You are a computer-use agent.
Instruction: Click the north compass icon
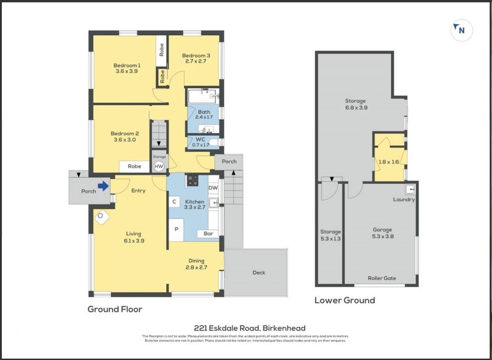(x=461, y=30)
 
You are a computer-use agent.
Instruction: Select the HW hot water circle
(x=159, y=166)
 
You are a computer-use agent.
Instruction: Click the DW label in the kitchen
(x=213, y=188)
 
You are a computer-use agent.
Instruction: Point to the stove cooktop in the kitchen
(x=192, y=180)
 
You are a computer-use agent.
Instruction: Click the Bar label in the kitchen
(x=208, y=234)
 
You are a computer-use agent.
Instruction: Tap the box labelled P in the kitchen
(x=177, y=229)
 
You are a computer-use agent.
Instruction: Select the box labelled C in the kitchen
(x=175, y=202)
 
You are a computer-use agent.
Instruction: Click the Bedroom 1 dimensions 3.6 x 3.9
(x=127, y=71)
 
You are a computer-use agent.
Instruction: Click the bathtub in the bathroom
(x=203, y=97)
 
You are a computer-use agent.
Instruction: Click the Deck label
(x=258, y=273)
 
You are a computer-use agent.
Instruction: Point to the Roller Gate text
(x=382, y=278)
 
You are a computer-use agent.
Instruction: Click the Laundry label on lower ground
(x=404, y=199)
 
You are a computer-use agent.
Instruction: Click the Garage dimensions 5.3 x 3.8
(x=382, y=236)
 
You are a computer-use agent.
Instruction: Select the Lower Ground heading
(x=344, y=300)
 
